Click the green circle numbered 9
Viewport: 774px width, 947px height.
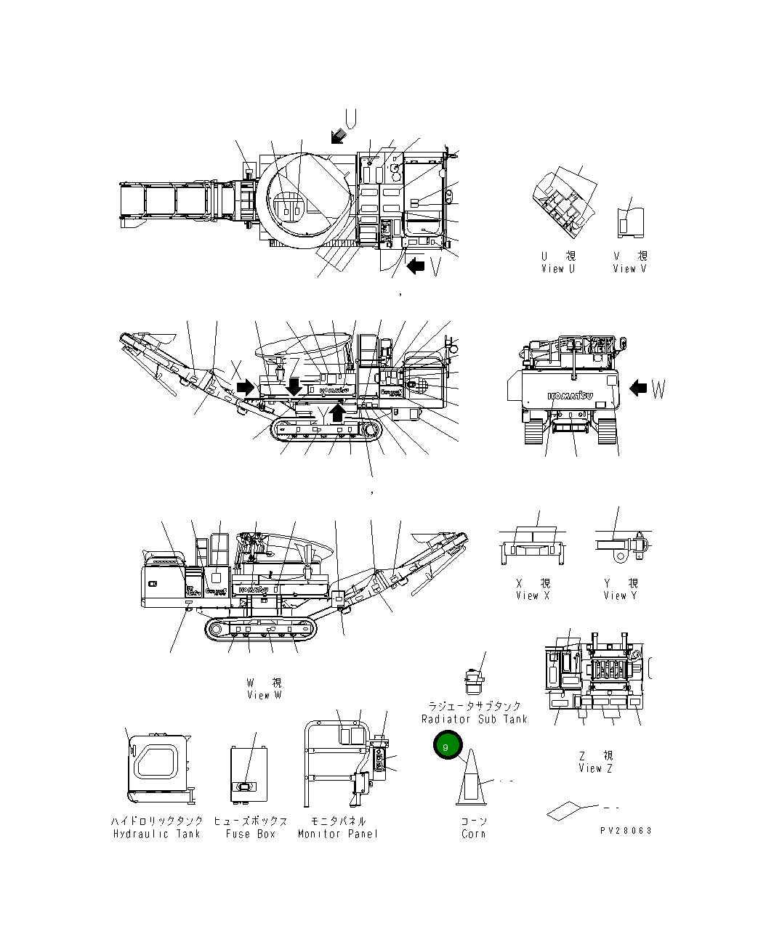coord(446,747)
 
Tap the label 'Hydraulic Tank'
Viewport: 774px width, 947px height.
coord(156,834)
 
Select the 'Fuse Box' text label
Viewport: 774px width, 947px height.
coord(250,834)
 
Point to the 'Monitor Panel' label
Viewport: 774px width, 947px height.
coord(338,834)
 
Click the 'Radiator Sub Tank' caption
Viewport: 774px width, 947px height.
coord(474,719)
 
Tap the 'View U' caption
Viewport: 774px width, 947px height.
coord(557,269)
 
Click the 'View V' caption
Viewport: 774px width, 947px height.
coord(629,269)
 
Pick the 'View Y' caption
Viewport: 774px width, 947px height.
coord(620,596)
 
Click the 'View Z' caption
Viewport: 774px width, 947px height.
coord(595,768)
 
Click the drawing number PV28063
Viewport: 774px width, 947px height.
coord(626,831)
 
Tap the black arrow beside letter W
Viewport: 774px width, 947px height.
coord(638,389)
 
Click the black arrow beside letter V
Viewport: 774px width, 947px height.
coord(416,265)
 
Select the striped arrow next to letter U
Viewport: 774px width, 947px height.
coord(338,135)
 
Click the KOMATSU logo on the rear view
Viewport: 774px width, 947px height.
coord(571,395)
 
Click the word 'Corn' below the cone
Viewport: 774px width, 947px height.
coord(473,834)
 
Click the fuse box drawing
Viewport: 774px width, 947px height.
coord(248,774)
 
